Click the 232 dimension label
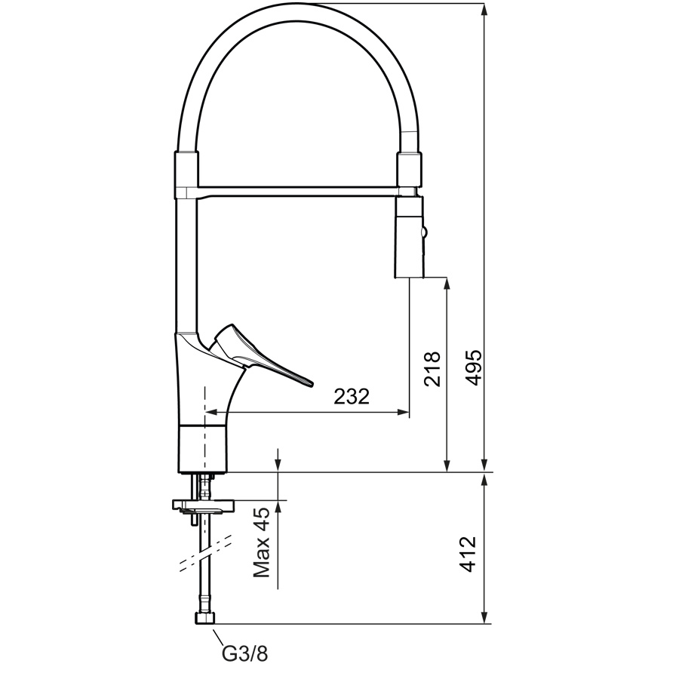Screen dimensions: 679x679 pos(352,396)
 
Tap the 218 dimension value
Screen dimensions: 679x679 pos(432,369)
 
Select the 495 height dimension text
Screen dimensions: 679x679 pos(472,367)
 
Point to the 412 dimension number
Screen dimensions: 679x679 pos(467,555)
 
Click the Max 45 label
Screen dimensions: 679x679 pos(261,542)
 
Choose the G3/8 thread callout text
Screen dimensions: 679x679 pos(244,653)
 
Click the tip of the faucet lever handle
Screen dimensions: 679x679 pos(311,383)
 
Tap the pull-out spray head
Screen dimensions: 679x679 pos(409,237)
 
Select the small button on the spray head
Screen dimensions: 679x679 pos(425,232)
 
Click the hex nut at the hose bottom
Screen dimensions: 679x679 pos(204,619)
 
